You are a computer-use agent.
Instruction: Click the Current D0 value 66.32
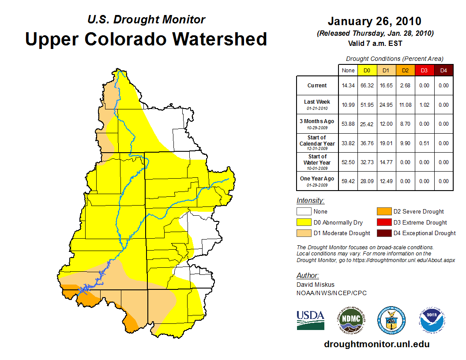pyautogui.click(x=367, y=86)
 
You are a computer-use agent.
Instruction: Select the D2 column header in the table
pyautogui.click(x=406, y=70)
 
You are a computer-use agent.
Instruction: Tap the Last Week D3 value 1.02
pyautogui.click(x=425, y=105)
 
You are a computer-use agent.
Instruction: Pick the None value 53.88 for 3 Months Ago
pyautogui.click(x=348, y=124)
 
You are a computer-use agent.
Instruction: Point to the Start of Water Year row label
pyautogui.click(x=317, y=161)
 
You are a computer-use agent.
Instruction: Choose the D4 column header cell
pyautogui.click(x=443, y=70)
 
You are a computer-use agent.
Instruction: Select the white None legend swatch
pyautogui.click(x=304, y=212)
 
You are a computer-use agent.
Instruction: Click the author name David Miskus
pyautogui.click(x=315, y=285)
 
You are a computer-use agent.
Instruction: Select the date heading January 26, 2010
pyautogui.click(x=374, y=21)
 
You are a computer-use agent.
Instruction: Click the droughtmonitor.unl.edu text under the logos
pyautogui.click(x=376, y=344)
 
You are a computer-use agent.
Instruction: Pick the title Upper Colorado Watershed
pyautogui.click(x=146, y=39)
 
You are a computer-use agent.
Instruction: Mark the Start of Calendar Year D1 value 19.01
pyautogui.click(x=387, y=143)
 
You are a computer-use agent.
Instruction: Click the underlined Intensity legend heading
pyautogui.click(x=311, y=201)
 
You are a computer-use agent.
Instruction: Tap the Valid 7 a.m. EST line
pyautogui.click(x=375, y=43)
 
